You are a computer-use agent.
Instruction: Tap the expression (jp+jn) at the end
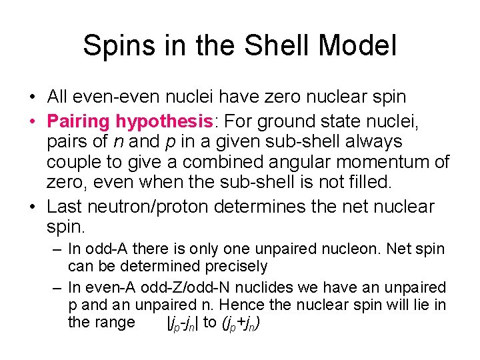tap(240, 324)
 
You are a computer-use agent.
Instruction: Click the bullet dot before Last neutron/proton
tap(33, 207)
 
